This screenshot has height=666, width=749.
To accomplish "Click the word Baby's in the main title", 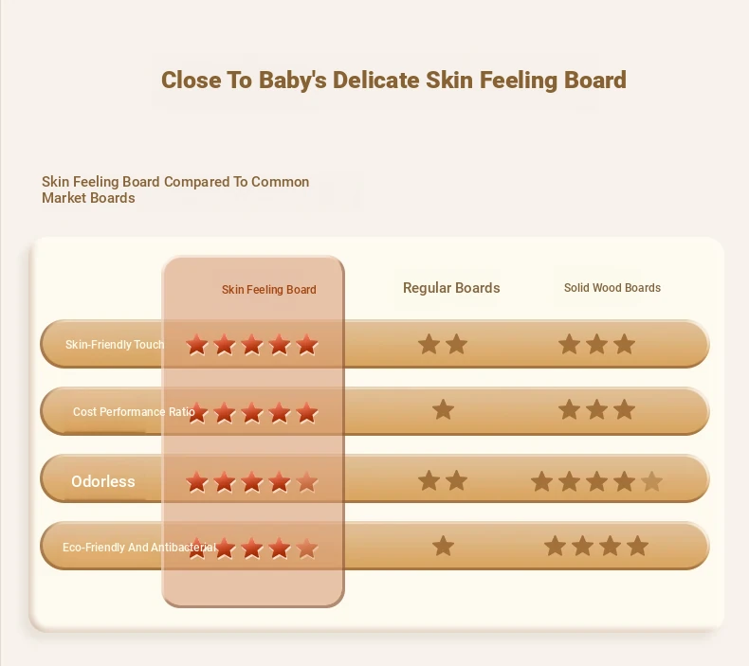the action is pyautogui.click(x=293, y=80).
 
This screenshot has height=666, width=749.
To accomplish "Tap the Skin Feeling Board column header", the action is pyautogui.click(x=269, y=289).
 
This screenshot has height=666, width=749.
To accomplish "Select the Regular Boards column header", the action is pyautogui.click(x=451, y=288).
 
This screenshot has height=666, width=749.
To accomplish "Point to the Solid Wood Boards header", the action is pyautogui.click(x=612, y=287).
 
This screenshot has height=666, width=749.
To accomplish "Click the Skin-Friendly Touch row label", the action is pyautogui.click(x=115, y=344).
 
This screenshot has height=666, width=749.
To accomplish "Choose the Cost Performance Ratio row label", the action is pyautogui.click(x=134, y=411).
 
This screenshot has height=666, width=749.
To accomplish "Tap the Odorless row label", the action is pyautogui.click(x=103, y=481).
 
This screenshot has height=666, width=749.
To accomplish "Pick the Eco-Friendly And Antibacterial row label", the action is pyautogui.click(x=139, y=548).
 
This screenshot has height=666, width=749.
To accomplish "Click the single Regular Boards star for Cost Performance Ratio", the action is pyautogui.click(x=443, y=410).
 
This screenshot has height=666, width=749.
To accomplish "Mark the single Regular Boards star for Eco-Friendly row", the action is pyautogui.click(x=443, y=547).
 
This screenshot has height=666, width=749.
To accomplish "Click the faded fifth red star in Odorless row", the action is pyautogui.click(x=306, y=481).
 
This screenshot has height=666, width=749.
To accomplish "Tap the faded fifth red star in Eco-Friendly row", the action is pyautogui.click(x=306, y=549).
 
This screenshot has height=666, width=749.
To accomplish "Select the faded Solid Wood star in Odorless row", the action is pyautogui.click(x=651, y=481).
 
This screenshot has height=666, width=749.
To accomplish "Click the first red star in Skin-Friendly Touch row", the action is pyautogui.click(x=197, y=345).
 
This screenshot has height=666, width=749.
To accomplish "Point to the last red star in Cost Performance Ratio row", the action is pyautogui.click(x=306, y=413).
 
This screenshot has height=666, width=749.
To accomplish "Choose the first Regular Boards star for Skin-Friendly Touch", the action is pyautogui.click(x=429, y=344).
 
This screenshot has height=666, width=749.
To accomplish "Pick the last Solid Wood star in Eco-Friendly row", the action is pyautogui.click(x=638, y=547).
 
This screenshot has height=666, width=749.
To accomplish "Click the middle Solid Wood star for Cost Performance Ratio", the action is pyautogui.click(x=596, y=410).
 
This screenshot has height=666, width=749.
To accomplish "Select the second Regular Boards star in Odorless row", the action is pyautogui.click(x=457, y=480).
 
